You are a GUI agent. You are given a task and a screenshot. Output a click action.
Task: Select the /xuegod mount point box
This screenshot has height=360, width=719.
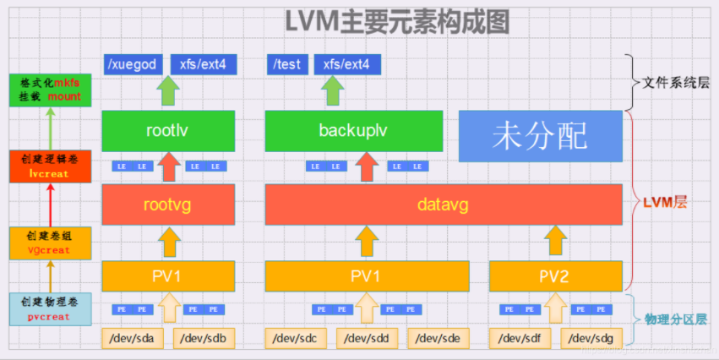tap(132, 64)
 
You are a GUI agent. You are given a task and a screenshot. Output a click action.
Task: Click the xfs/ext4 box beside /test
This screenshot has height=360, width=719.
tap(347, 64)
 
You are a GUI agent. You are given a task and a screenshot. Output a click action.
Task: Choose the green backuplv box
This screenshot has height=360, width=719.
tap(354, 132)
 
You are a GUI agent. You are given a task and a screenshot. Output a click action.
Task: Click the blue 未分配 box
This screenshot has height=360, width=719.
tap(540, 135)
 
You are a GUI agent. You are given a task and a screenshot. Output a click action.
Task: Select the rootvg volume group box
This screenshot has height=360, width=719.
tap(168, 204)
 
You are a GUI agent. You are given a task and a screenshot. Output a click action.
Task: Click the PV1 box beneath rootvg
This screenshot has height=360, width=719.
tap(168, 275)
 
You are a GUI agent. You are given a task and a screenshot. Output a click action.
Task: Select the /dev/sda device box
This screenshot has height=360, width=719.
tap(132, 338)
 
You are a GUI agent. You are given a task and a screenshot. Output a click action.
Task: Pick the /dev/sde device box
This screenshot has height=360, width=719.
tap(438, 338)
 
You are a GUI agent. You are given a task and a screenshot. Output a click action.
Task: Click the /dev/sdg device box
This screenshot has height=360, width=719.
tap(591, 338)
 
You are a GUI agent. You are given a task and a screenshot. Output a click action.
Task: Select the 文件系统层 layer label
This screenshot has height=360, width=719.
tap(673, 84)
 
